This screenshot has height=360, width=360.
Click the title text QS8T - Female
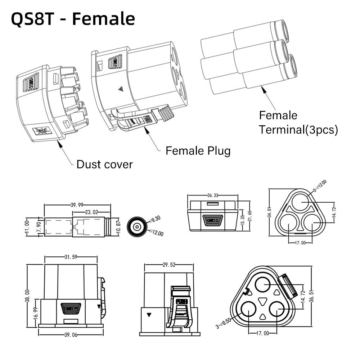[x=73, y=19]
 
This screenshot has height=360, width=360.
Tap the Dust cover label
[x=104, y=165]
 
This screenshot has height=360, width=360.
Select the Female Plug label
[x=198, y=150]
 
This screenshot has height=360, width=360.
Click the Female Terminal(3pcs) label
[x=298, y=122]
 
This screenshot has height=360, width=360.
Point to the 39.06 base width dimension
[x=71, y=335]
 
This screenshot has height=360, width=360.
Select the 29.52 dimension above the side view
[x=169, y=265]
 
